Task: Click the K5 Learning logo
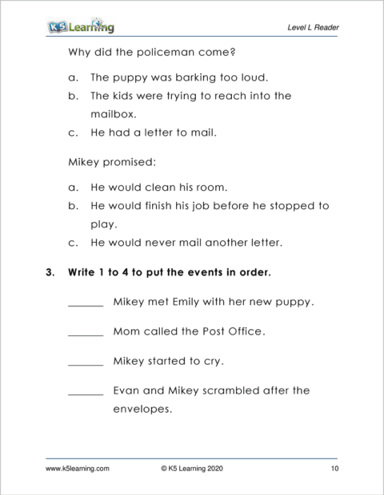click(80, 27)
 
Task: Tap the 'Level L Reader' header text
click(313, 28)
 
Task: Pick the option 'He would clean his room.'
click(159, 188)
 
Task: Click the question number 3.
click(50, 272)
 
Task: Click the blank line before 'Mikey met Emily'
click(86, 304)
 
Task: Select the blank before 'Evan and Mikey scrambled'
click(86, 393)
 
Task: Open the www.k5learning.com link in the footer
click(78, 469)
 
